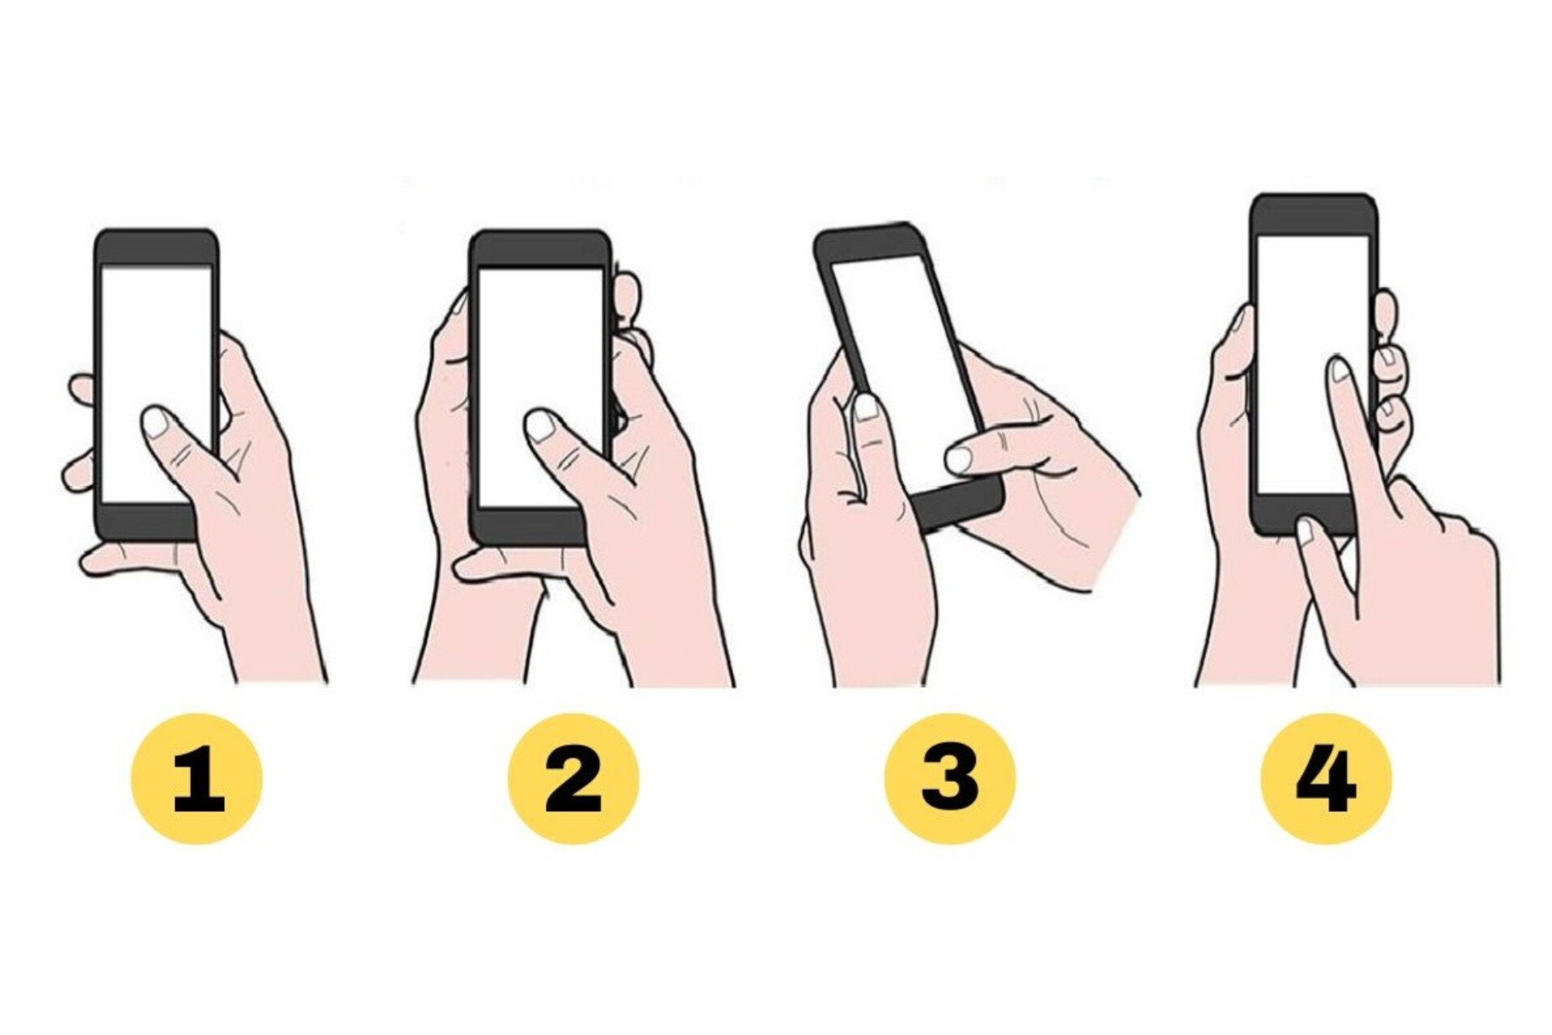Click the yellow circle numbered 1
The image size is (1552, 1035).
[196, 779]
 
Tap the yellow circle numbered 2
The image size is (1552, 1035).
[573, 779]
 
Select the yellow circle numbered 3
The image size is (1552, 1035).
[950, 779]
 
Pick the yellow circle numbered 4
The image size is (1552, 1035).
[1326, 779]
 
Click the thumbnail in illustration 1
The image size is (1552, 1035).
[156, 422]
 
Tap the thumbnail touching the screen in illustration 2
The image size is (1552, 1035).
[540, 425]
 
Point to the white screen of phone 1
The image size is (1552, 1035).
[156, 384]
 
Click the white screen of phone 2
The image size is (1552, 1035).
[540, 387]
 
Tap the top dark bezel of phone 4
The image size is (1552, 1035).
[1314, 215]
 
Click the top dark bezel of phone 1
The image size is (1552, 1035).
[156, 247]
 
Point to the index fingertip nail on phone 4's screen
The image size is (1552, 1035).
[1339, 370]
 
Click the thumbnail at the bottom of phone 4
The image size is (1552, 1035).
[1305, 531]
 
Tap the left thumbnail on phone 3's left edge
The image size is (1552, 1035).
[865, 407]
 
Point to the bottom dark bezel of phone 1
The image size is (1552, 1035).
[145, 522]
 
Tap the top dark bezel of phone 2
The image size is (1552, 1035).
[540, 249]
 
